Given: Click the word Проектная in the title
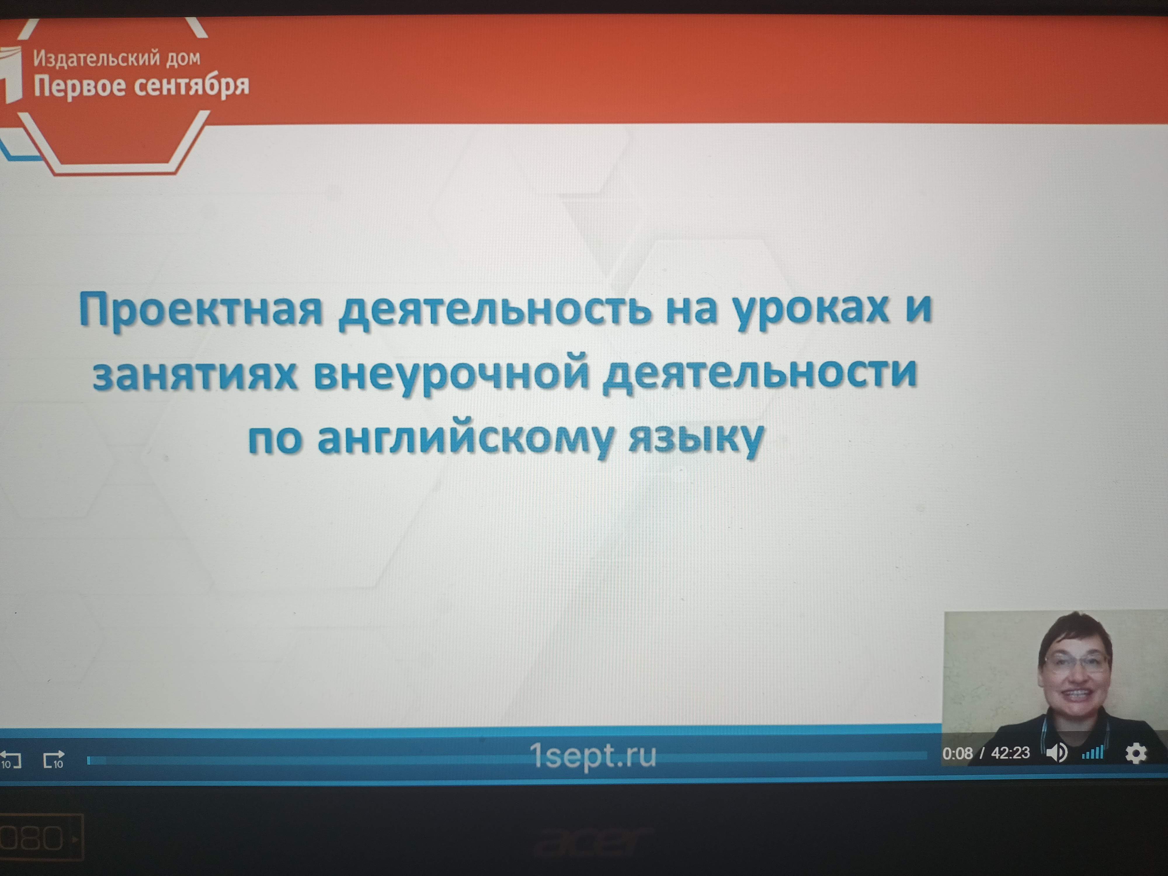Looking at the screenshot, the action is click(x=201, y=310).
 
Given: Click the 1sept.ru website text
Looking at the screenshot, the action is click(x=593, y=755).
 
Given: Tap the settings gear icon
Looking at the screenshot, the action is click(x=1136, y=753).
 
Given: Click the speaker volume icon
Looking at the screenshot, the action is click(x=1056, y=752).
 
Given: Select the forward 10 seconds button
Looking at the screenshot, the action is click(x=54, y=759).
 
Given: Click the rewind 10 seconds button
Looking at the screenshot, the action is click(x=11, y=759).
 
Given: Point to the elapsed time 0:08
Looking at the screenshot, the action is click(x=957, y=753).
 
